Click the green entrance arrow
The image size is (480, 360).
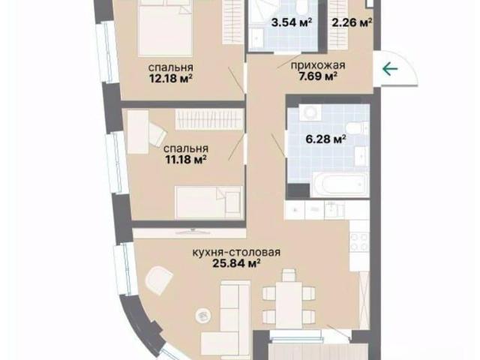point(390,69)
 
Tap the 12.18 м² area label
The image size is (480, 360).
point(171,78)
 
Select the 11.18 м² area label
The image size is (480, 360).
point(186,160)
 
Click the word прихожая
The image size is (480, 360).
point(318,65)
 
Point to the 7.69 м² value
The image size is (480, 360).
point(318,76)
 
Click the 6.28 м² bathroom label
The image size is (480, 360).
point(326,139)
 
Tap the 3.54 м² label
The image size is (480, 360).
point(292,22)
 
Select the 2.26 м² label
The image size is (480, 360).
point(352,22)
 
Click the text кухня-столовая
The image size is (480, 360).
point(236,253)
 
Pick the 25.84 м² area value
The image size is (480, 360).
point(237,263)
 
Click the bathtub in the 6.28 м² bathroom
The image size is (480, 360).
point(340,184)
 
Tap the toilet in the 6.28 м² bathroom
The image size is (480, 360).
point(357,128)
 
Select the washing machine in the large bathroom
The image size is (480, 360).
point(310,112)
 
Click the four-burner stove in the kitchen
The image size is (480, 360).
point(360,241)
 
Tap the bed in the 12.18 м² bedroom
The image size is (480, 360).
point(165,28)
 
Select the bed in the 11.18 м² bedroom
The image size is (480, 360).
point(208,202)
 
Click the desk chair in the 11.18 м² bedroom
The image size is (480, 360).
point(157,133)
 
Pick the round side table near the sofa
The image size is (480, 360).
point(203,315)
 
